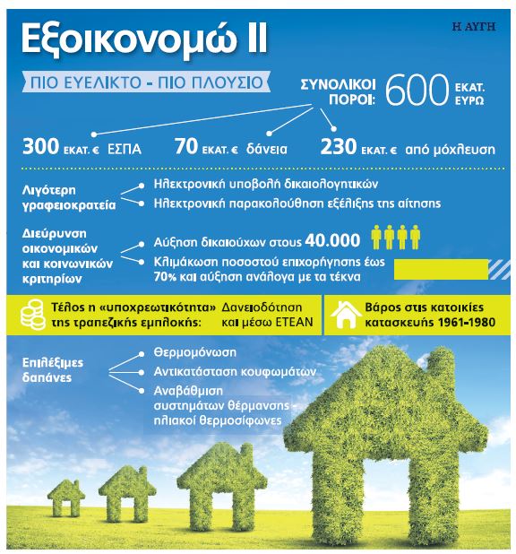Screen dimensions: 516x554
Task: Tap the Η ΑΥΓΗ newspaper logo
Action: coord(475,23)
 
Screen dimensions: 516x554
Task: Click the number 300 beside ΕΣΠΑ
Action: coord(42,143)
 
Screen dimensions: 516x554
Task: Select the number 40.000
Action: coord(331,240)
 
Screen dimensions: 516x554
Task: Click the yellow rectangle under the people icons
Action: coord(440,268)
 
